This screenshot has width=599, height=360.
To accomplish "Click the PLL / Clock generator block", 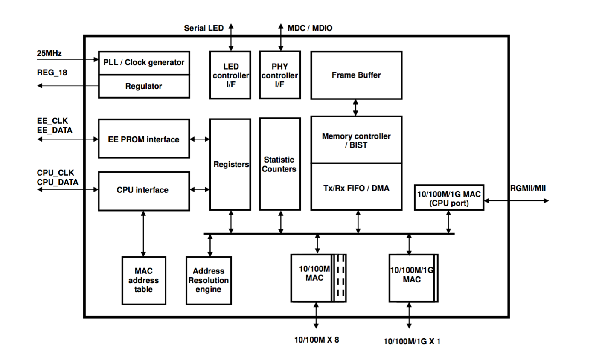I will (x=144, y=63).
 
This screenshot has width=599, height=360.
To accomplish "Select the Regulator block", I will (x=144, y=86).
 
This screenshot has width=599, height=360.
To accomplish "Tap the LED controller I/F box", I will (x=230, y=75).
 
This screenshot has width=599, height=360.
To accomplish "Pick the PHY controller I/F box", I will (x=280, y=75).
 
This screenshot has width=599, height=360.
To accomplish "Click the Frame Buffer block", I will (x=356, y=75).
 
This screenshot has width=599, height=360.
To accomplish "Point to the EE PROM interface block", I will (x=144, y=139).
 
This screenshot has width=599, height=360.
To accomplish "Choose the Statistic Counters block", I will (x=279, y=164).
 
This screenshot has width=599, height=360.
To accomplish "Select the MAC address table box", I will (x=143, y=280).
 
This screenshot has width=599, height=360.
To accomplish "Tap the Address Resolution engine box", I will (x=209, y=280).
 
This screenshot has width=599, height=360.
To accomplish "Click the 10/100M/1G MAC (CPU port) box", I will (x=449, y=198).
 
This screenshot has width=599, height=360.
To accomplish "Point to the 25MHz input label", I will (x=49, y=53).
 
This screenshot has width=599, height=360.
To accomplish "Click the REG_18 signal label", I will (x=52, y=73).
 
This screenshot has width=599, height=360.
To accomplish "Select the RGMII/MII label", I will (x=528, y=188).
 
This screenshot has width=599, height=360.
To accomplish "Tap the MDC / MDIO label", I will (x=310, y=28).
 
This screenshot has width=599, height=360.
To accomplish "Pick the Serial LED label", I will (x=204, y=28).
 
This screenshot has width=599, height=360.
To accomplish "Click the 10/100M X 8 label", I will (x=317, y=340).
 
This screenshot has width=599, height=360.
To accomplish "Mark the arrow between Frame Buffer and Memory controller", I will (x=356, y=107).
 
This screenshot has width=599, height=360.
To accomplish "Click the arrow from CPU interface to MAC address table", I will (x=143, y=233).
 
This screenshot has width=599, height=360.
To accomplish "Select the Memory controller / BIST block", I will (x=356, y=140).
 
